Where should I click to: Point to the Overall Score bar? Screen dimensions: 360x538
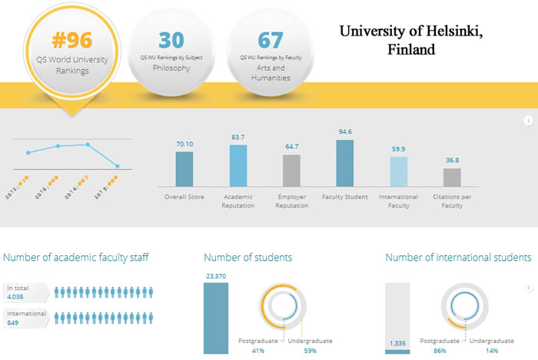point(184,168)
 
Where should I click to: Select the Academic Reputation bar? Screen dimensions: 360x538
point(238,165)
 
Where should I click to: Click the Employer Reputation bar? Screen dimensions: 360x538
point(291,170)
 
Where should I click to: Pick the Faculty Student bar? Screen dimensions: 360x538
point(345,162)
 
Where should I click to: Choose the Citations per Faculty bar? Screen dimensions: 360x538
point(453,177)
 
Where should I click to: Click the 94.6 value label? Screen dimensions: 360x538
point(345,132)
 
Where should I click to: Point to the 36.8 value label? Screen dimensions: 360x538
point(453,160)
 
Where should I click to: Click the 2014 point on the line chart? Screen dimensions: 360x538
point(88,145)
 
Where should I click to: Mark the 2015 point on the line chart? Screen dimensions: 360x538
point(118,166)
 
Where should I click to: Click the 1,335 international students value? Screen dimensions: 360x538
point(397,343)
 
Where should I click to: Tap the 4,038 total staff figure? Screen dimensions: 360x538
point(16,296)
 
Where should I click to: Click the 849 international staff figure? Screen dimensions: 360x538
point(13,323)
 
